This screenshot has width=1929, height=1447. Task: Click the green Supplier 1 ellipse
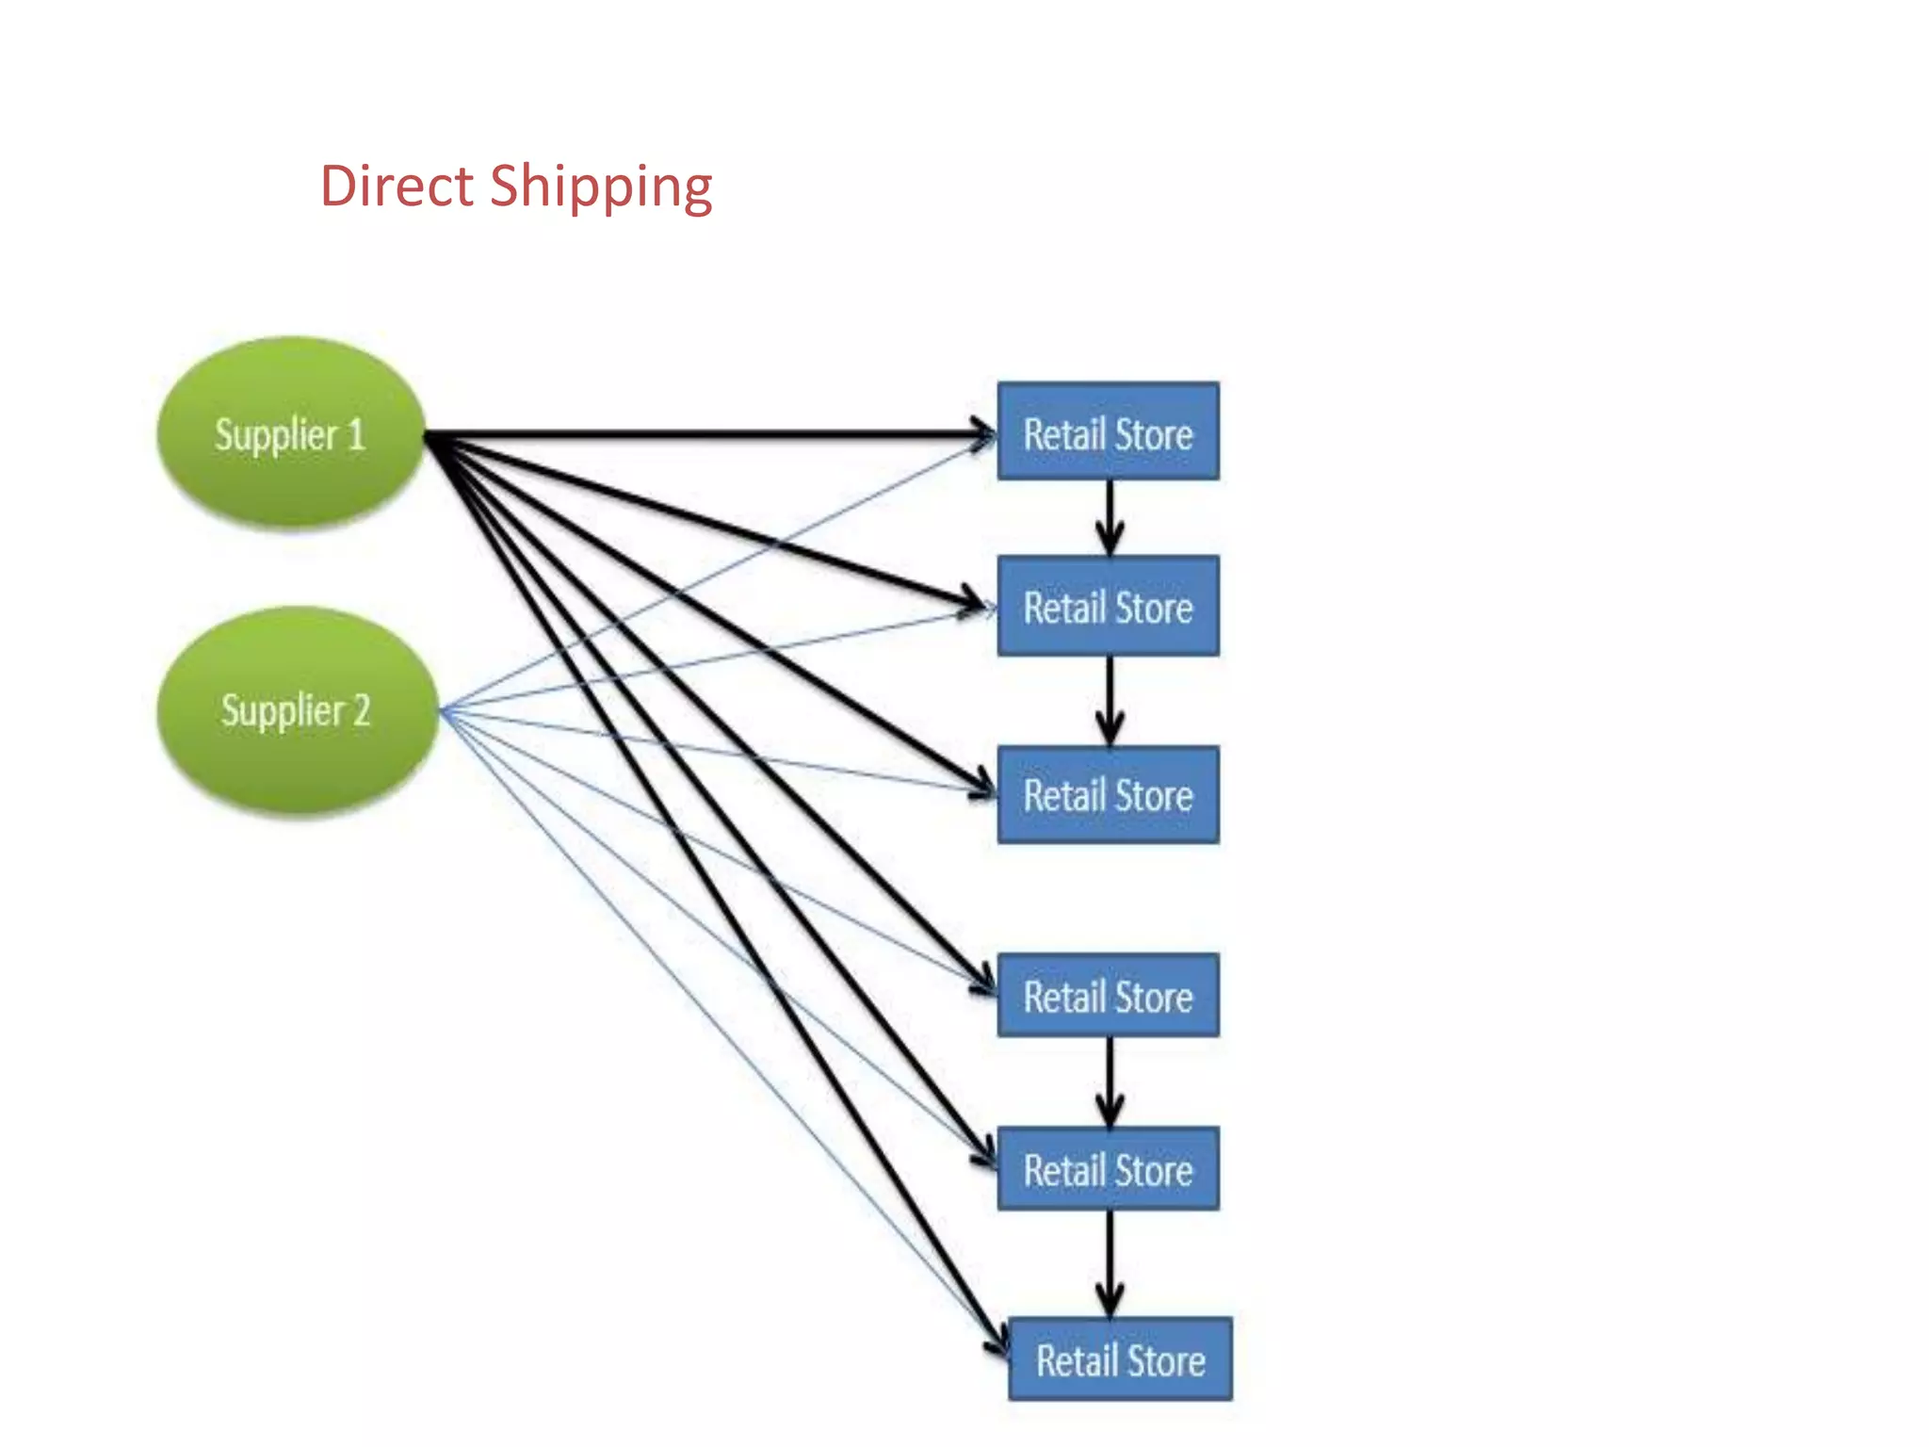tap(290, 433)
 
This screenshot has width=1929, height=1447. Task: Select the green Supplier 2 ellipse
tap(296, 710)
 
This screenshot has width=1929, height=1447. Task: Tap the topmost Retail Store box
tap(1108, 432)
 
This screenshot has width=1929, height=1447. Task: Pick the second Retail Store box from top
tap(1108, 607)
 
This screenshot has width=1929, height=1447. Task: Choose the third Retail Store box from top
tap(1108, 795)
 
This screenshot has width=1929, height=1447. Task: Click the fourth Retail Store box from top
tap(1108, 996)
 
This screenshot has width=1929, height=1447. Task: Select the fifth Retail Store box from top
tap(1108, 1169)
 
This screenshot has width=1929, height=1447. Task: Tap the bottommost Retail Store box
tap(1120, 1359)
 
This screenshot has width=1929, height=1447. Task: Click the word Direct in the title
tap(396, 186)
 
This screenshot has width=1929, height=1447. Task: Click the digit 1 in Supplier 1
tap(355, 434)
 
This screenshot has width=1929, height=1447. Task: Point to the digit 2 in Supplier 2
tap(361, 710)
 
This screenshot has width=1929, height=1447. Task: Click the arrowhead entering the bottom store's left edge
tap(998, 1341)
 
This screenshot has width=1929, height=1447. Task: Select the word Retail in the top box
tap(1063, 434)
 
